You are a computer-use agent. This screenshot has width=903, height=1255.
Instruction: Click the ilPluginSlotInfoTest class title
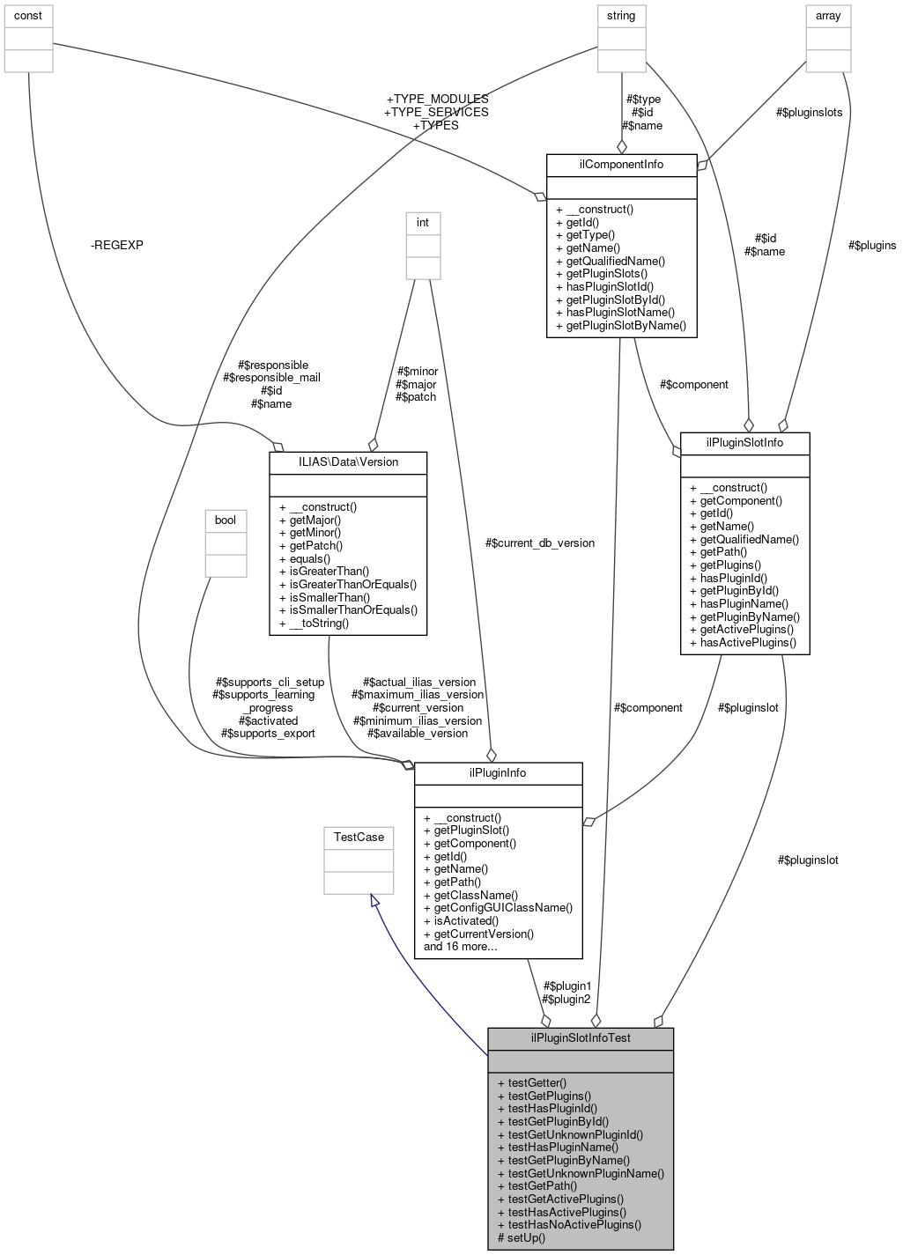[581, 1037]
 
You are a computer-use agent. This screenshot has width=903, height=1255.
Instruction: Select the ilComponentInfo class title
[621, 165]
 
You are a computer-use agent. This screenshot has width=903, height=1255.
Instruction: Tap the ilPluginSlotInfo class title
[744, 442]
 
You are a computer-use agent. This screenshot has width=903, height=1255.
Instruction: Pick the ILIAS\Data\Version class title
[348, 461]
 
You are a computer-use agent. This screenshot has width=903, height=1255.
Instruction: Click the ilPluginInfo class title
[498, 772]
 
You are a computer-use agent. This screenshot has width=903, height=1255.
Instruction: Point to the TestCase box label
[359, 837]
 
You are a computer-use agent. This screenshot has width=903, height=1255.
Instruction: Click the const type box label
[28, 16]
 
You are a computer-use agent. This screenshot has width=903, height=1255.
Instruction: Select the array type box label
[828, 16]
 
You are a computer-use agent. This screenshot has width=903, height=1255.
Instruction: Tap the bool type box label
[226, 520]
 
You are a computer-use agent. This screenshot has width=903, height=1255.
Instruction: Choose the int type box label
[423, 222]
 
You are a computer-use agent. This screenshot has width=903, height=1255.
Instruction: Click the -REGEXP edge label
[116, 245]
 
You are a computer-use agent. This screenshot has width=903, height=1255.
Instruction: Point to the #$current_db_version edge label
[539, 543]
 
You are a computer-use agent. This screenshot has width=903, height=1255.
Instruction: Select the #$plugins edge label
[871, 245]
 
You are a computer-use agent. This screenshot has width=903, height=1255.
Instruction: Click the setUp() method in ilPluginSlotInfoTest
[522, 1237]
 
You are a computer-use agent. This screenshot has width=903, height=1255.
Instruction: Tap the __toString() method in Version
[319, 623]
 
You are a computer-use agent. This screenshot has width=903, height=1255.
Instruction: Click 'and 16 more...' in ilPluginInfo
[460, 947]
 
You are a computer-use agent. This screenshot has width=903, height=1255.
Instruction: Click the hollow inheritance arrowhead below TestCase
[374, 901]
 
